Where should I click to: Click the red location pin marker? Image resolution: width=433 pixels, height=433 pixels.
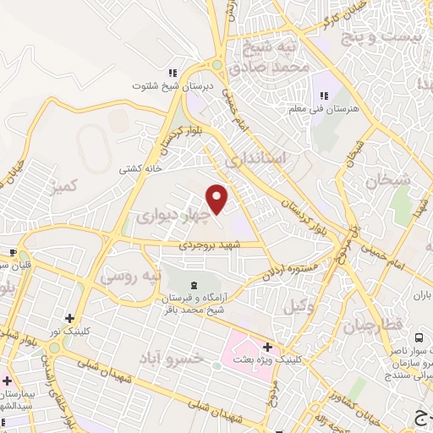coord(217,198)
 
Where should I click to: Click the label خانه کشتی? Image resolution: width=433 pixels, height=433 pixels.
coord(141,168)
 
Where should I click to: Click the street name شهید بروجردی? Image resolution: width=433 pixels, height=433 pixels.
coord(210,244)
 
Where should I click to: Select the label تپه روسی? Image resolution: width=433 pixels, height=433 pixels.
coord(126,276)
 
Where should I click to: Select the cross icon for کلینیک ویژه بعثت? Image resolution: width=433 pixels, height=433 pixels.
coord(267,347)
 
